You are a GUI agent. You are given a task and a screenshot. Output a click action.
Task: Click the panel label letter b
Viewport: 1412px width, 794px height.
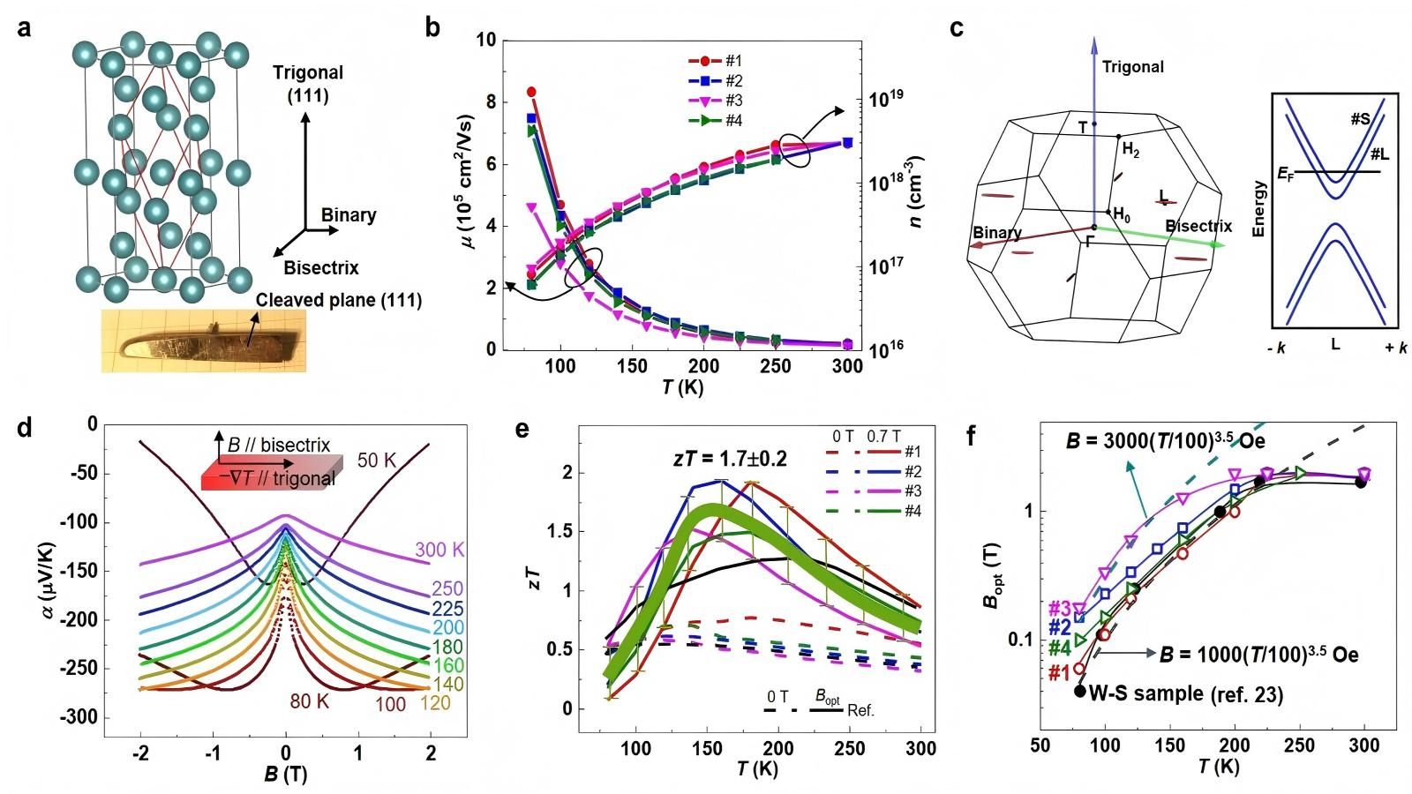(x=433, y=26)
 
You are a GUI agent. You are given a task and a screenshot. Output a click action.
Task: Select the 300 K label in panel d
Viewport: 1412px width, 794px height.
(x=439, y=551)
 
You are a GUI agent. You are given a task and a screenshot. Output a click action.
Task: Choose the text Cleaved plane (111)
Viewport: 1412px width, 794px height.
(x=339, y=301)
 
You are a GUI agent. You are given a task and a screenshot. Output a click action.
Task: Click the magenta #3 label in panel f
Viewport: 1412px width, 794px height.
(x=1060, y=608)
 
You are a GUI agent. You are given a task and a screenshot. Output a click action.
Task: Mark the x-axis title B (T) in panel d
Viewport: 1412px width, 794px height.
(x=284, y=775)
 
